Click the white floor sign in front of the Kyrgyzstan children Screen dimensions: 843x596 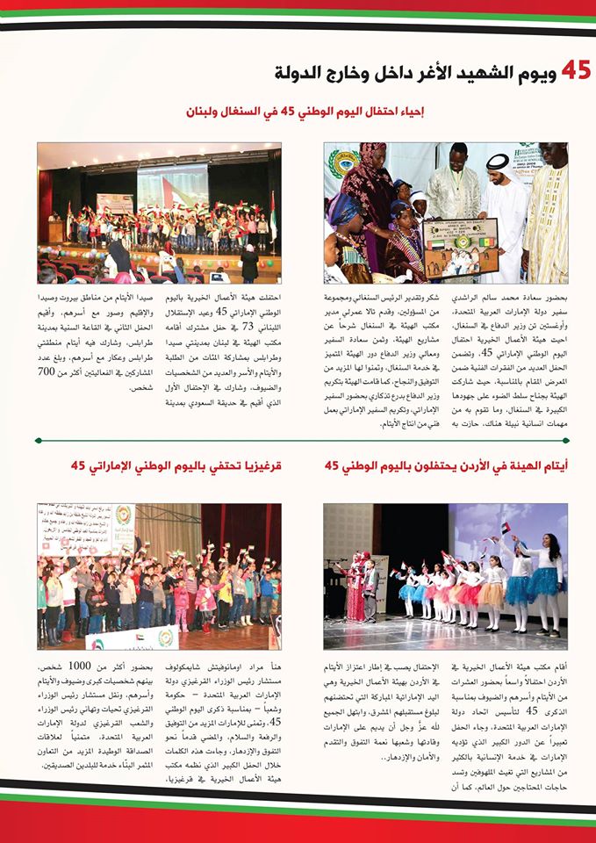click(x=131, y=638)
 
